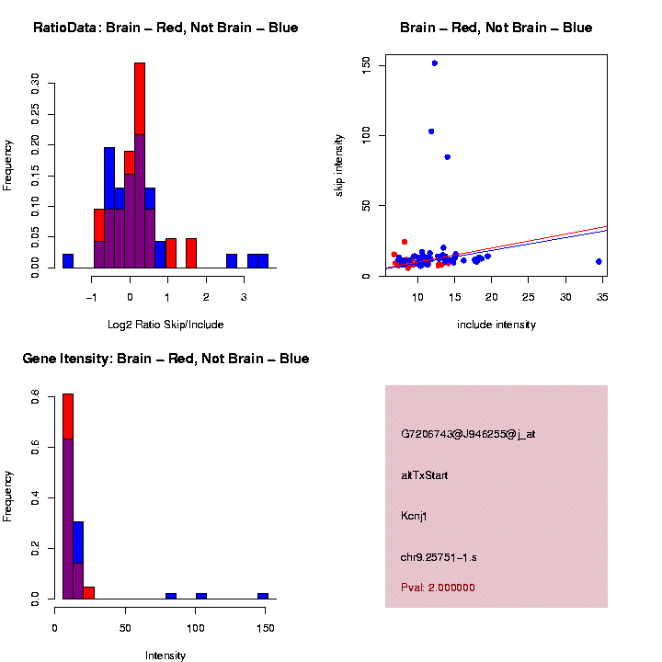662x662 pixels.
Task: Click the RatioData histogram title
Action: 165,29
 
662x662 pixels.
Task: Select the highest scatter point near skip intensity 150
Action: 434,63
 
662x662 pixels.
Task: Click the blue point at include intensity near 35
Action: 599,261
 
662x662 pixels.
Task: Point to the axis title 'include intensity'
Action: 496,325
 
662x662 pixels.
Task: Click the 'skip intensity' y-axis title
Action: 339,165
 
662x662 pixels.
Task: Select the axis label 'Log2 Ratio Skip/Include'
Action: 165,325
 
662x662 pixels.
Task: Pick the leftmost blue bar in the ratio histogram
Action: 68,261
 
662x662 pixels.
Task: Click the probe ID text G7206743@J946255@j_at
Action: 468,434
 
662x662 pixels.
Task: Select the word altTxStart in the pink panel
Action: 424,475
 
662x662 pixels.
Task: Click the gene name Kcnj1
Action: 414,516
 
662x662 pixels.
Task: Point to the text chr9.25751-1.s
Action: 438,557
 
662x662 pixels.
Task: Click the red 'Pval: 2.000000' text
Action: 438,588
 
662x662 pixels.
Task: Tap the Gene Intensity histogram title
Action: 165,359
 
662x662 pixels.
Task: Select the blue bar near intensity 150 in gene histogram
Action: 263,596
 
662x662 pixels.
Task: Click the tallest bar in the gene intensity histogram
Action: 68,496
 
